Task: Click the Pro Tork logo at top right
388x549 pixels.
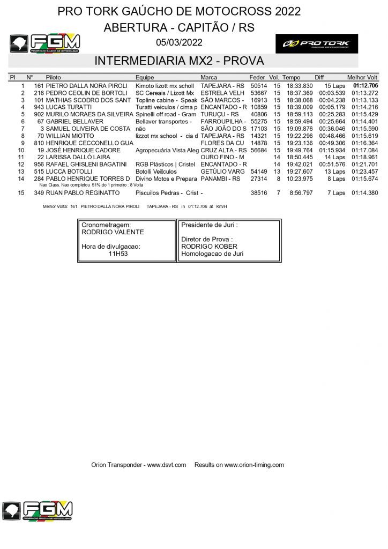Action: (317, 43)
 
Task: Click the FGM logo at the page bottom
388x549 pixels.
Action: (37, 510)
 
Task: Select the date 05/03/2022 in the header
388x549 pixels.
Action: (180, 43)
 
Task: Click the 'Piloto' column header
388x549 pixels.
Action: (54, 78)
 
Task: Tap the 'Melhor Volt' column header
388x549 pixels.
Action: (362, 78)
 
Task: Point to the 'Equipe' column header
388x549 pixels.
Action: (145, 78)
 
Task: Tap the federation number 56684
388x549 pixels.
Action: (259, 150)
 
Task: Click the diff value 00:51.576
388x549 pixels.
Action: (333, 164)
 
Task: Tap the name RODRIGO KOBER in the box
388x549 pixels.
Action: (203, 246)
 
